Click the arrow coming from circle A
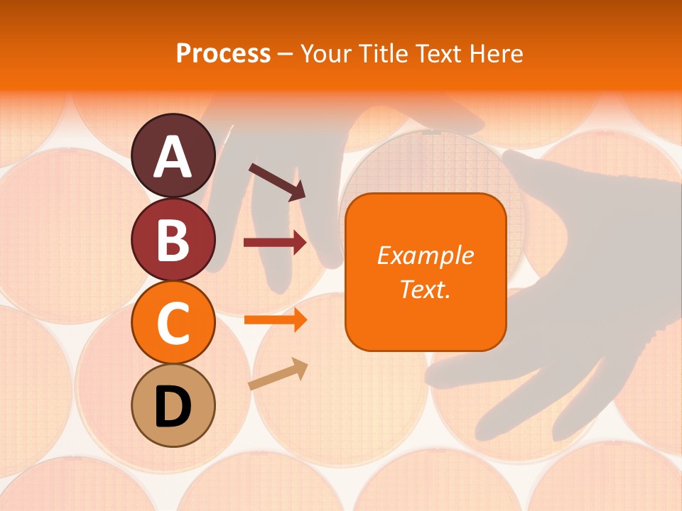point(277,181)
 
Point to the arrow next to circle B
point(276,243)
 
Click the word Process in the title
point(223,54)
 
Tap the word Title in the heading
point(382,54)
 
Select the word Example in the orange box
point(425,255)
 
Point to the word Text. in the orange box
point(425,289)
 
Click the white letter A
point(173,157)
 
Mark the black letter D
point(173,407)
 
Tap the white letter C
point(173,324)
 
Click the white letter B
point(173,240)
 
